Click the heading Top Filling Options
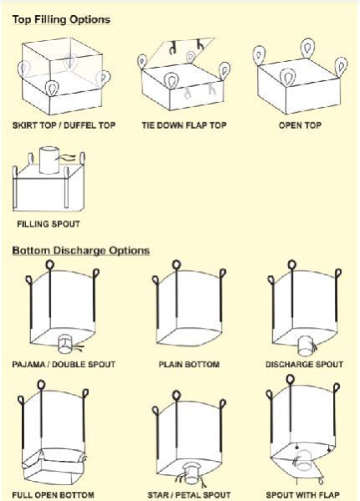61,20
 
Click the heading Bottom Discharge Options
81,250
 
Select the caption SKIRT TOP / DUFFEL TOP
64,125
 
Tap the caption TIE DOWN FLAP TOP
184,125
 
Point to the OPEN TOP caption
300,125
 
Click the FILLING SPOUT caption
49,224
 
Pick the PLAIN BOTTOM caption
189,364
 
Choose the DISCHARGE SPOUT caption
305,364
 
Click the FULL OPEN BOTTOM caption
53,495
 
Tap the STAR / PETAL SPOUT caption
189,495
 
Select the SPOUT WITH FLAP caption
303,495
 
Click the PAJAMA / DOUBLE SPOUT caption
64,364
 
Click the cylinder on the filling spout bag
49,160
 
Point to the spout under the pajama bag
65,344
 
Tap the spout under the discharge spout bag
306,345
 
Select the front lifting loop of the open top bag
287,79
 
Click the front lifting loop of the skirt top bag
52,88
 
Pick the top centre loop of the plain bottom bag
177,265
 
